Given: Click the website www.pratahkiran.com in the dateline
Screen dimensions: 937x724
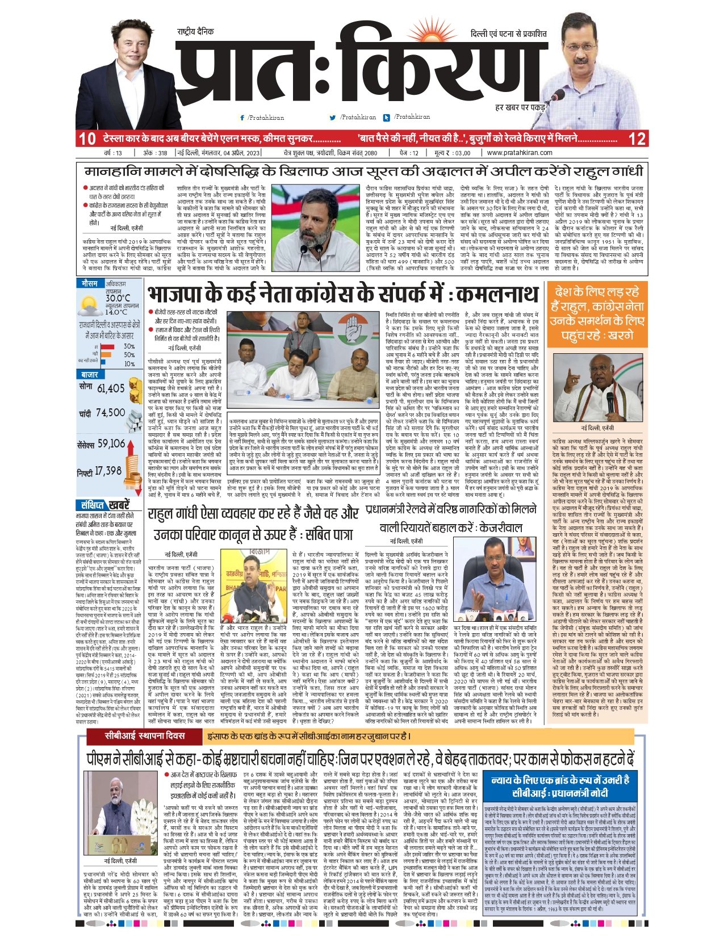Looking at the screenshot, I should tap(519, 153).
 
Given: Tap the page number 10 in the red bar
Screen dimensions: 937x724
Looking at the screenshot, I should tap(87, 138).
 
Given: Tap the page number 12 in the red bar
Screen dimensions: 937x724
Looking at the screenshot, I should tap(637, 138).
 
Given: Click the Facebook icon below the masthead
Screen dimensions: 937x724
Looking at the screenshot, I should tap(242, 118).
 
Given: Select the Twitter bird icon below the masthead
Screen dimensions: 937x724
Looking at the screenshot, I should tap(333, 118).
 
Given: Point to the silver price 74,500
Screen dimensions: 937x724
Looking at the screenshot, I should tap(110, 413).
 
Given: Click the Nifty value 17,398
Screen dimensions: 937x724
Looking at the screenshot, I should tap(108, 471).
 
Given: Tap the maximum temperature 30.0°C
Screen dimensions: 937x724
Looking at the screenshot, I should tap(118, 298).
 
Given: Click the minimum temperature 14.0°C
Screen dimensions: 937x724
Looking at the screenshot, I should tap(116, 312).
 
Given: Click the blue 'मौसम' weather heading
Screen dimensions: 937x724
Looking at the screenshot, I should tap(90, 283).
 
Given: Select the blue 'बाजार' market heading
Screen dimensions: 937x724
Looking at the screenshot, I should tap(90, 375).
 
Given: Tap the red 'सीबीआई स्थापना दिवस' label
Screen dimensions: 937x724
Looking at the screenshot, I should tap(143, 736).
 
